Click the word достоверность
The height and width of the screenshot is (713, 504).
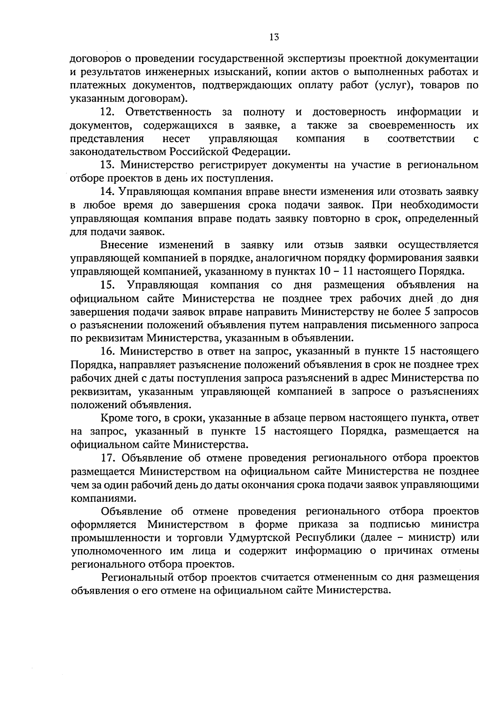(x=349, y=112)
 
